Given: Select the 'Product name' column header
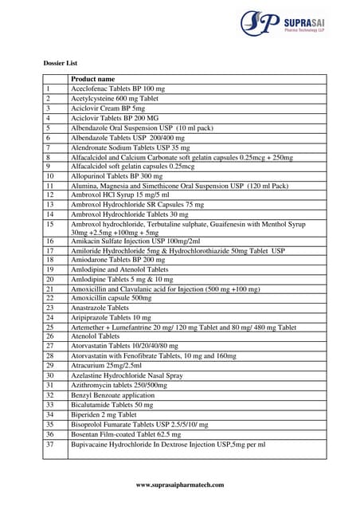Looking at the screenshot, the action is pos(92,79).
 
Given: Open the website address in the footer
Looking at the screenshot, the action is pos(180,485).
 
